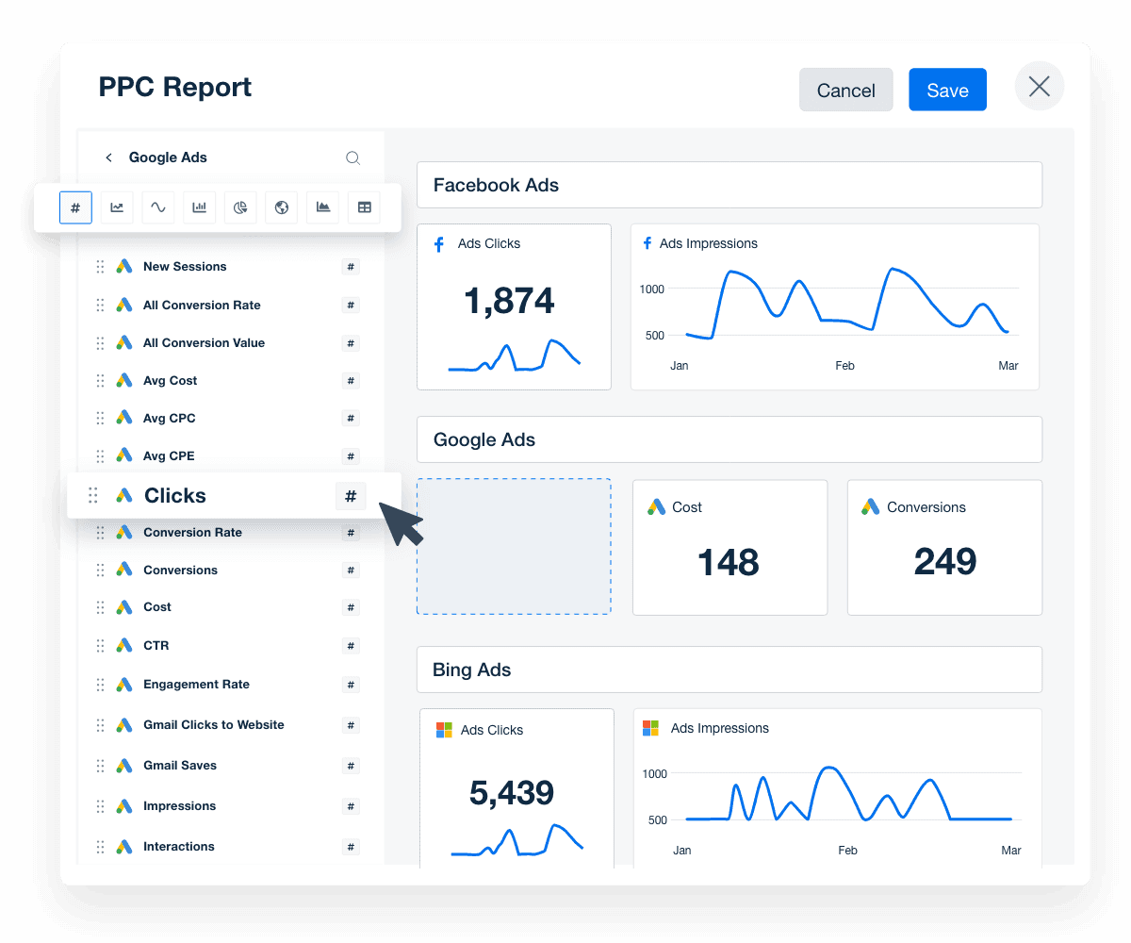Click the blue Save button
947,90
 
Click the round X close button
1039,87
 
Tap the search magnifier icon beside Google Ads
352,158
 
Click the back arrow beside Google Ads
108,157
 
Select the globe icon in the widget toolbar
281,207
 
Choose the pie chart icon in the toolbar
240,207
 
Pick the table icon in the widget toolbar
364,207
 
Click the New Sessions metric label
185,267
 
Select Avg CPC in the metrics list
170,418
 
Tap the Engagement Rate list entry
196,685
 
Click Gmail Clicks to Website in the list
213,725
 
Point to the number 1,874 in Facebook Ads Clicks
509,301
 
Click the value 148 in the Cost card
729,563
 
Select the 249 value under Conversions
944,562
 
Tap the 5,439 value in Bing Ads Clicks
512,793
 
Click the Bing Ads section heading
472,670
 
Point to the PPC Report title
175,87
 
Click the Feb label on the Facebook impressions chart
844,366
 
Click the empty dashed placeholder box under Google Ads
514,546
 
